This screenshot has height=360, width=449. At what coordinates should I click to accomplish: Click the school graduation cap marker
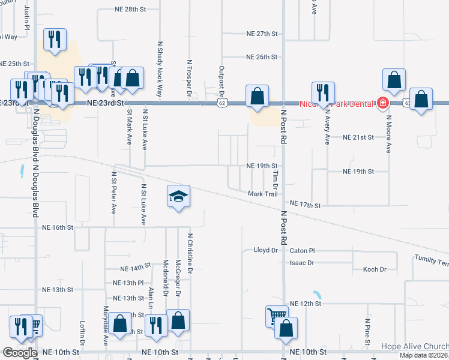pos(179,196)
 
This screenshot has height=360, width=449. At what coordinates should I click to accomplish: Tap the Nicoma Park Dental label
pos(338,103)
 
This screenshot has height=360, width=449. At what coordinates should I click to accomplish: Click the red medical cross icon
pos(382,103)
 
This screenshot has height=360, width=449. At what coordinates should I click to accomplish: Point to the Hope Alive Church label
pos(414,347)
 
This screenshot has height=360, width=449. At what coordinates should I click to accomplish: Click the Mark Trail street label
pos(262,194)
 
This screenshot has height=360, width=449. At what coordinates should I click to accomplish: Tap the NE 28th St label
pos(131,10)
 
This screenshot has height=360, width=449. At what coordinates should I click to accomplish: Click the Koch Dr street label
pos(375,269)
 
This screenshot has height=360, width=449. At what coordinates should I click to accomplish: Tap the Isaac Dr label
pos(302,263)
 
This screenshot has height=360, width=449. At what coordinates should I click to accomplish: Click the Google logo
pos(19,353)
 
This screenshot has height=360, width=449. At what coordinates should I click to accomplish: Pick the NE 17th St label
pos(305,205)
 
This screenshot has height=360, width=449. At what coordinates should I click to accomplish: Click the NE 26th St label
pos(261,57)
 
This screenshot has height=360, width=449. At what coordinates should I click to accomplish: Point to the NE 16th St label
pos(58,227)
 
